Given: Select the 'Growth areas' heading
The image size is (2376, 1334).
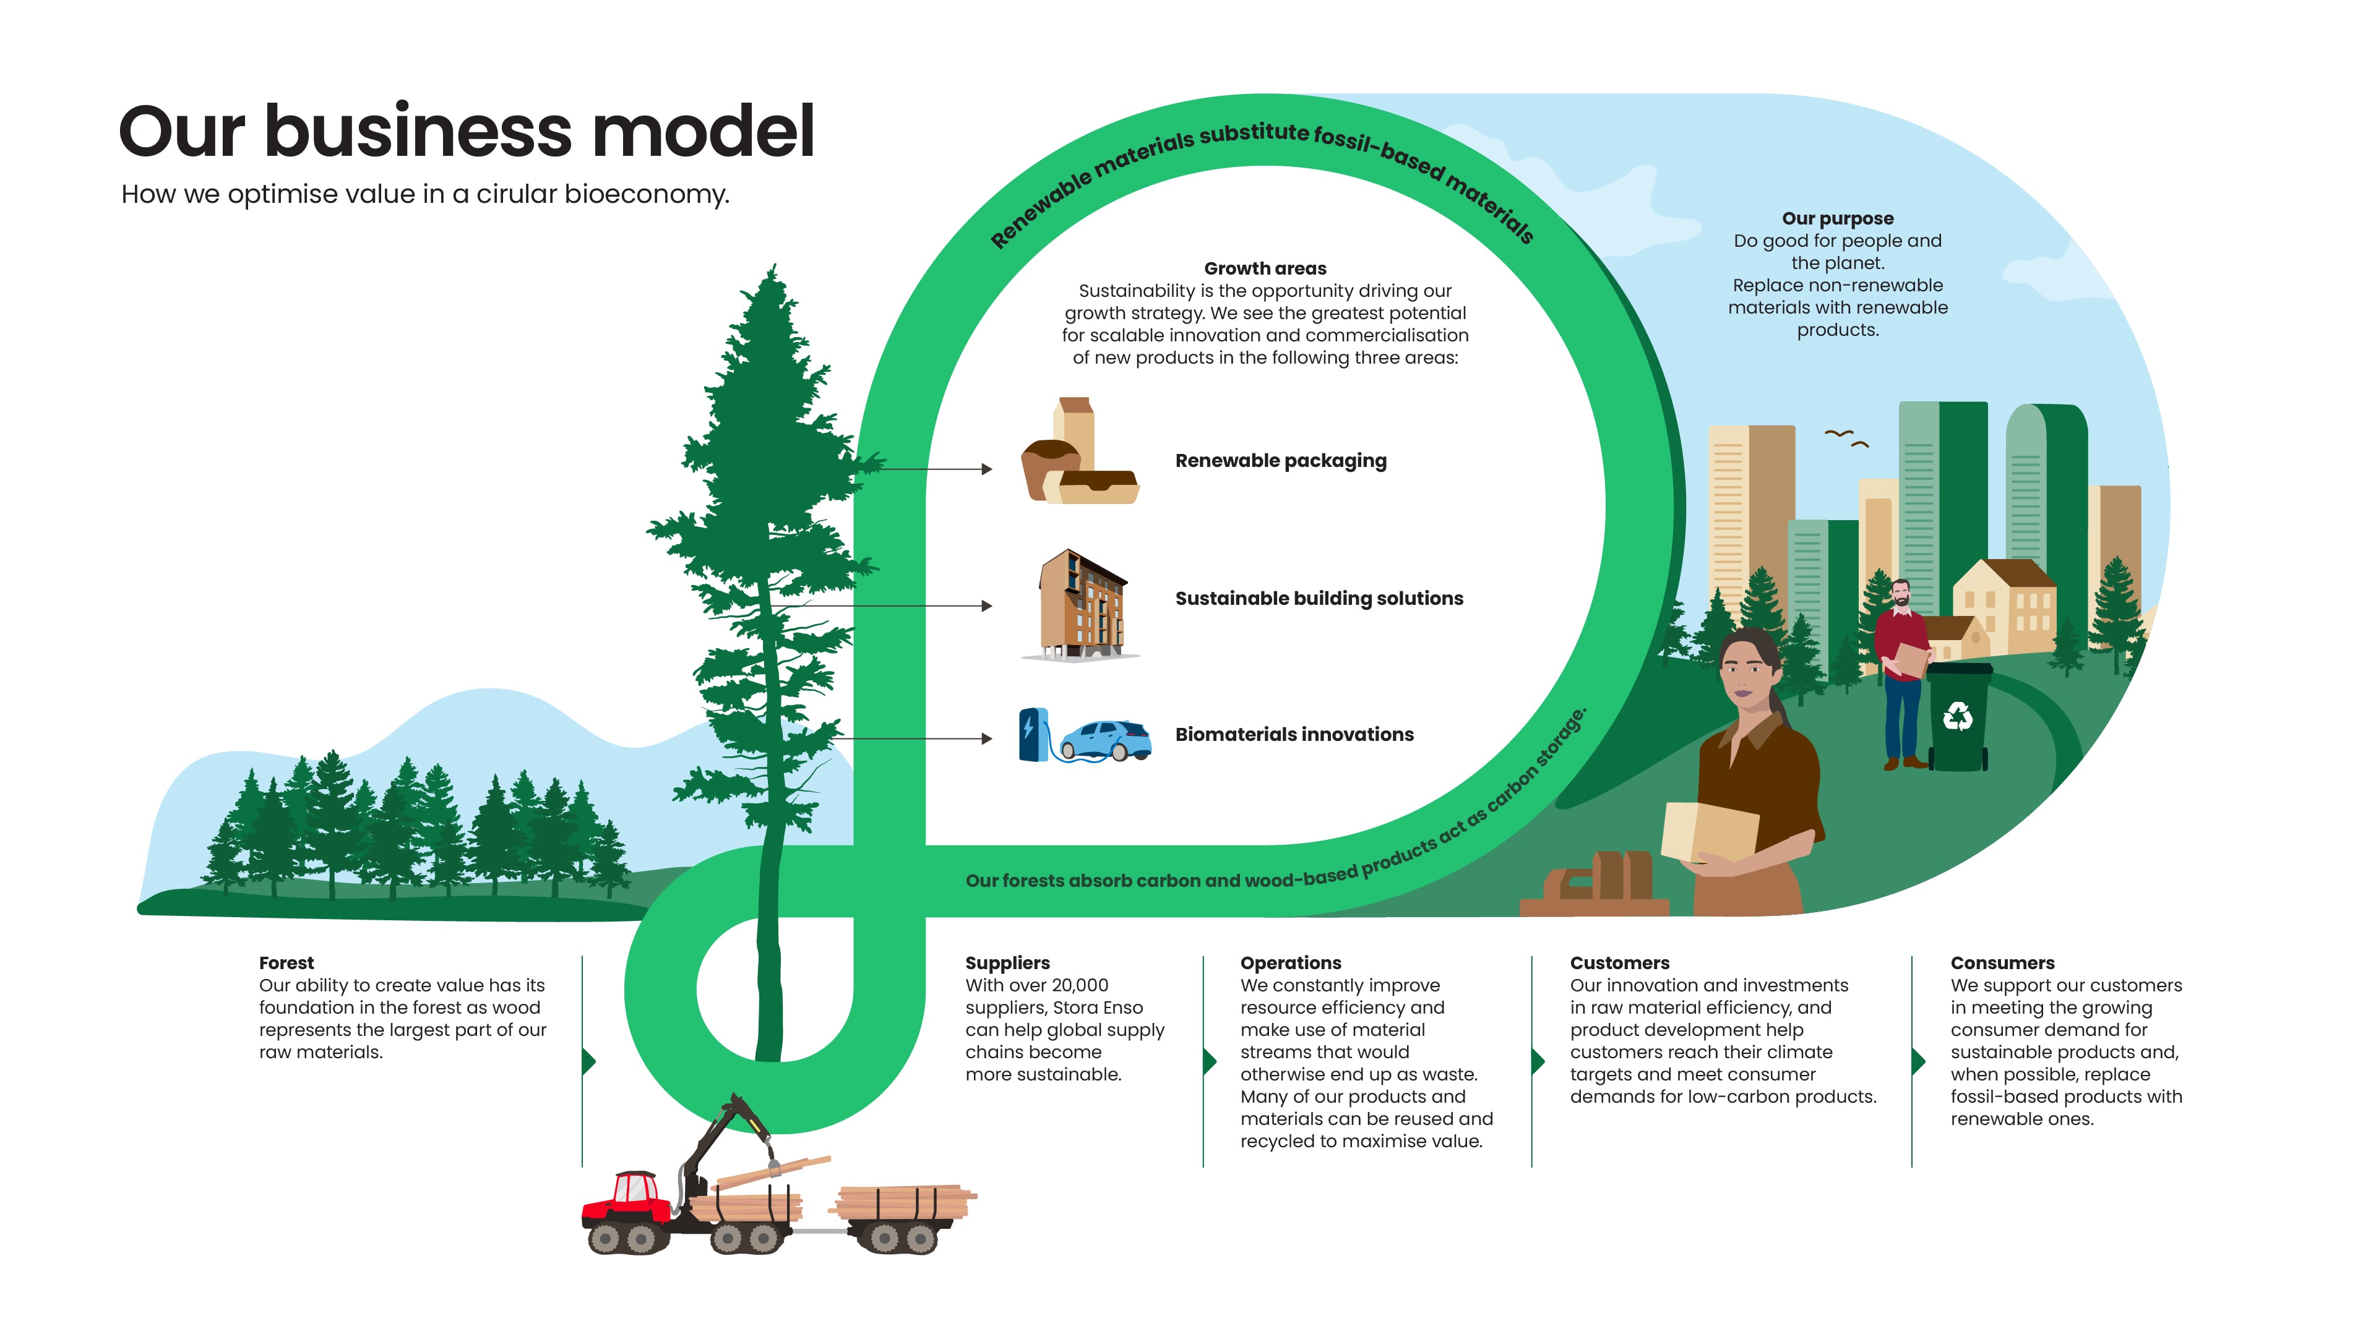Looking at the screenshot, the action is click(1265, 268).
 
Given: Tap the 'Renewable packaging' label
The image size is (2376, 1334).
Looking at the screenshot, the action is click(1280, 461).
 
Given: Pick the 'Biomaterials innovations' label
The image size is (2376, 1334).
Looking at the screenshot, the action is click(1294, 734).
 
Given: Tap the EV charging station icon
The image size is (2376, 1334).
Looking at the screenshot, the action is click(1033, 735).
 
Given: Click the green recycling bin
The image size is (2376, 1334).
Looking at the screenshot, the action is click(1957, 716).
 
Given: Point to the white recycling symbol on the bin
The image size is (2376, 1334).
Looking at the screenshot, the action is click(1957, 716).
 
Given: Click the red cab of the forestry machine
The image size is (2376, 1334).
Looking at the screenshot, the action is click(630, 1195).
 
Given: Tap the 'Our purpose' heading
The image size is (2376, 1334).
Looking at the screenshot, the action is click(1837, 218).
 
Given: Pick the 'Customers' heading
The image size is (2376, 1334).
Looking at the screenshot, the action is click(1620, 962).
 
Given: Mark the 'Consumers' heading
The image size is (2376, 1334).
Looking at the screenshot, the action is click(2002, 962).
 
